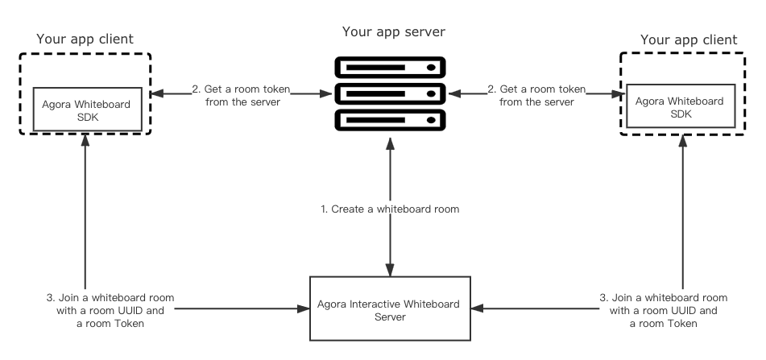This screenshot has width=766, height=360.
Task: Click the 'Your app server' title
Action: tap(394, 32)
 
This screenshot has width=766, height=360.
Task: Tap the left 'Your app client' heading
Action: tap(85, 39)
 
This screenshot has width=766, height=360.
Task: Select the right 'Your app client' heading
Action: tap(689, 40)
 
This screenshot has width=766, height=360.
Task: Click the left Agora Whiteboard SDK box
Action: tap(88, 110)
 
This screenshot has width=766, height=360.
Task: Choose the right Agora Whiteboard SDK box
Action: tap(681, 106)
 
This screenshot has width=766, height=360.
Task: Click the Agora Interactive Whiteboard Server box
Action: tap(391, 308)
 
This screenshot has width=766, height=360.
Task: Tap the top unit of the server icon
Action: tap(391, 68)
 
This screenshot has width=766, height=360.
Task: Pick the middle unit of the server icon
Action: tap(391, 93)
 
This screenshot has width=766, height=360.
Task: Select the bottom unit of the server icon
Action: tap(391, 120)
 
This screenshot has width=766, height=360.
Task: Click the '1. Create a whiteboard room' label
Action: tap(390, 209)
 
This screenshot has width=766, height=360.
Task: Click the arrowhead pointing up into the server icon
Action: tap(390, 143)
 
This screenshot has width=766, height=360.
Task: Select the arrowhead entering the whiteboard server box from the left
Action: tap(304, 308)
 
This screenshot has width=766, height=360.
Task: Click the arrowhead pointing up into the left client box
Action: tap(85, 141)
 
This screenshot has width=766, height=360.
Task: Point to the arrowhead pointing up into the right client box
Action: tap(682, 141)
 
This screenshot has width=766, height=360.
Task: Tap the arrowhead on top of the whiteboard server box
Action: tap(390, 270)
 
